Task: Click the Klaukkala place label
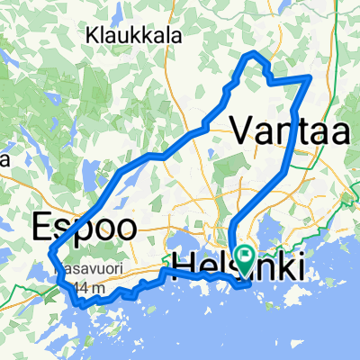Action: pos(134,36)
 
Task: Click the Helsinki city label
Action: pos(235,263)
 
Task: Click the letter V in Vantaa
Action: pos(243,130)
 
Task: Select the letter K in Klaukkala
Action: pos(93,36)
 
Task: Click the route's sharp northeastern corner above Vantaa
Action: pos(310,78)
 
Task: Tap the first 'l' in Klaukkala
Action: pos(103,36)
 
